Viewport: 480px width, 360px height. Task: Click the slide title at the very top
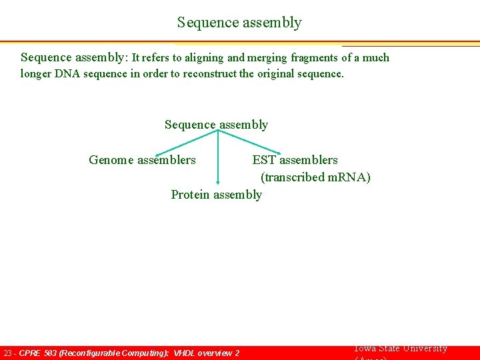point(239,23)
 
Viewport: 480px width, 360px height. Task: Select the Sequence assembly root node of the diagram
point(216,125)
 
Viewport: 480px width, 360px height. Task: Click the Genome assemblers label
point(142,160)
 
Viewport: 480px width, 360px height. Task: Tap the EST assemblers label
point(295,160)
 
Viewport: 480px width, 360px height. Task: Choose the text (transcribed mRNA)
point(315,177)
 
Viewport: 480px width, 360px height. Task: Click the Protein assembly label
point(216,195)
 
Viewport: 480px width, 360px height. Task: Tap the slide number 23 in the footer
point(8,353)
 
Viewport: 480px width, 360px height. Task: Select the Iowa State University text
point(400,349)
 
